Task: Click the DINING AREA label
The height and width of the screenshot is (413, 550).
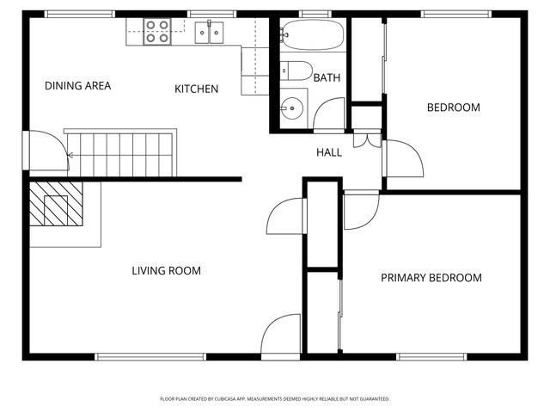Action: pos(78,86)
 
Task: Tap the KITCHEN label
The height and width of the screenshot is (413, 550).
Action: pos(196,89)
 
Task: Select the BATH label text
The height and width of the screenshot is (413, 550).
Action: pos(327,78)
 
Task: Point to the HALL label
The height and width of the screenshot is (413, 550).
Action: pos(329,152)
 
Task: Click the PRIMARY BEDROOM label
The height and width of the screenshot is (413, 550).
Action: pos(431,278)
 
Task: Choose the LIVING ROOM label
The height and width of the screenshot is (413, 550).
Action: pos(166,271)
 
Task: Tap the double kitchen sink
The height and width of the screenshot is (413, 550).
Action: pos(209,33)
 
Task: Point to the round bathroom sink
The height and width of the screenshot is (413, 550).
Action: pos(292,108)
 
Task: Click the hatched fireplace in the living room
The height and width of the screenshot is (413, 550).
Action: pos(57,207)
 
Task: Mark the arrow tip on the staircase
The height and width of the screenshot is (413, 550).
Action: pos(69,156)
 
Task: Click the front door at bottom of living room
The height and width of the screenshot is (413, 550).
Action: pos(280,338)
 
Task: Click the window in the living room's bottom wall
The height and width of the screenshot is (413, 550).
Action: pos(150,356)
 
